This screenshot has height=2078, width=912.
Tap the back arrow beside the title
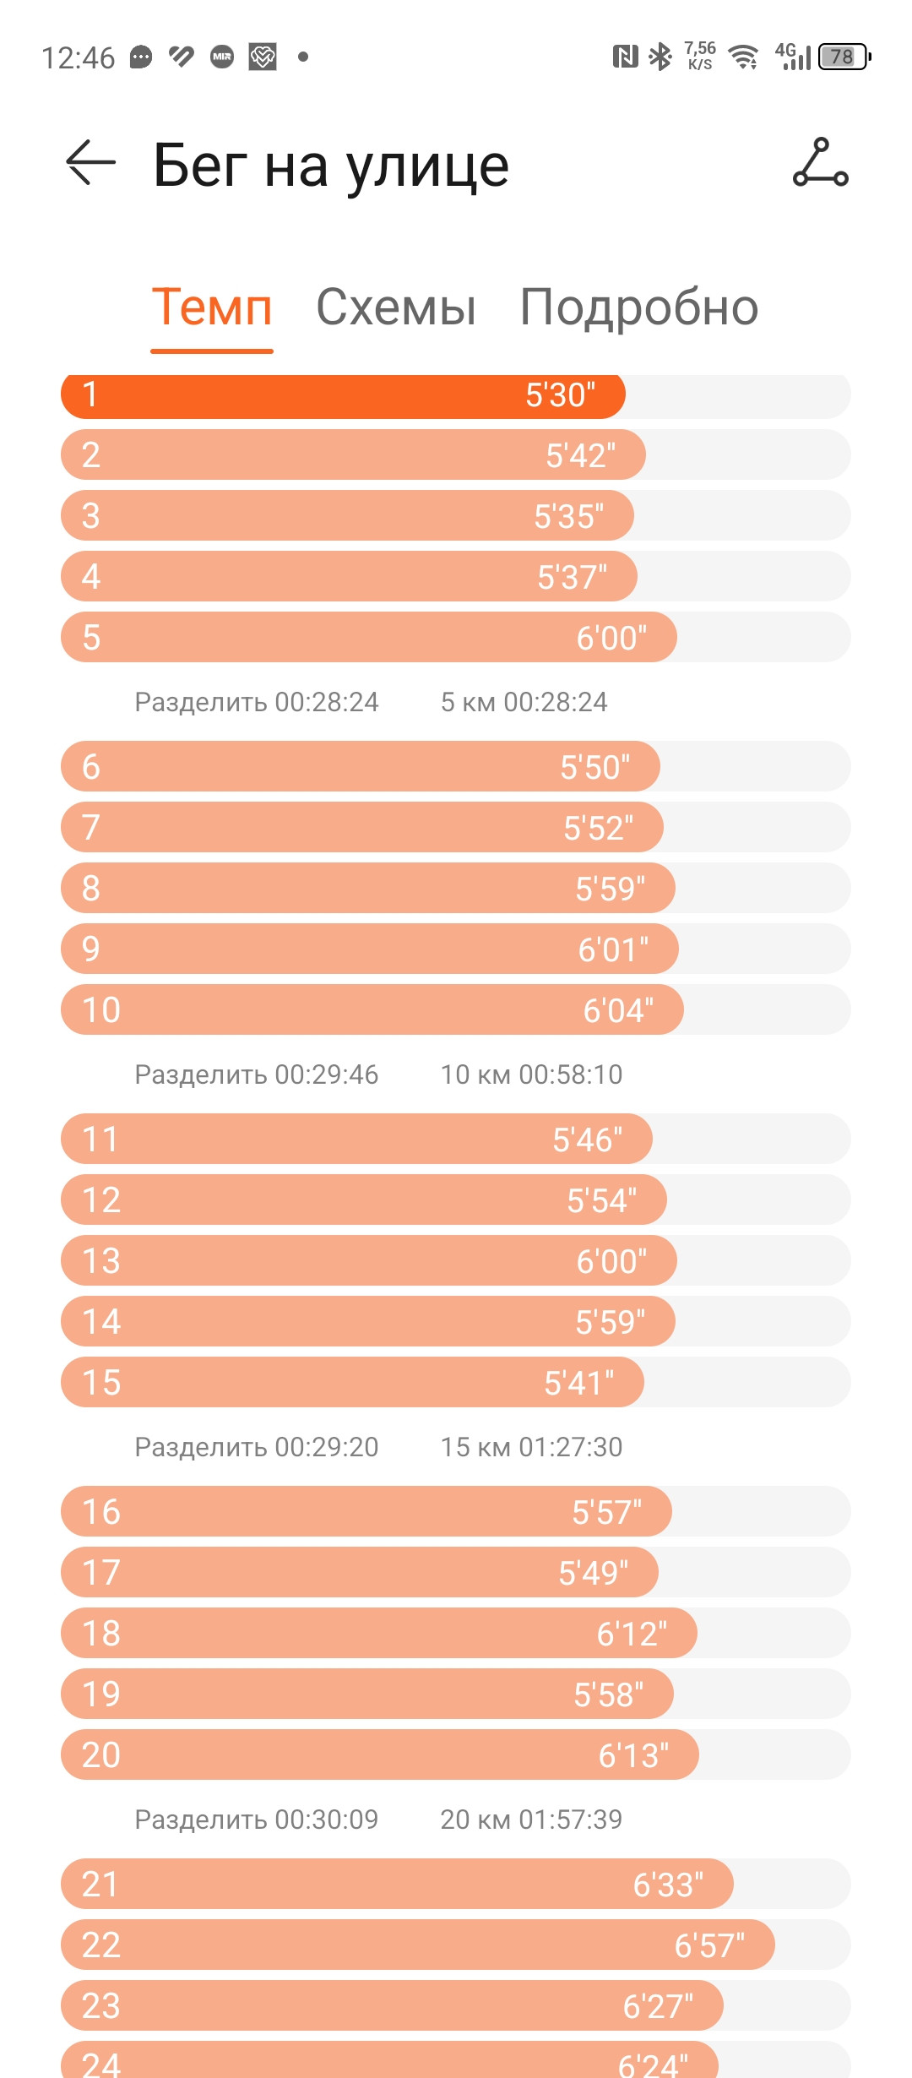(x=90, y=162)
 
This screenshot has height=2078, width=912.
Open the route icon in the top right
(x=820, y=161)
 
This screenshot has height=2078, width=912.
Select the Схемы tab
(x=396, y=307)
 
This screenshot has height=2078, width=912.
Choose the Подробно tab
(x=639, y=307)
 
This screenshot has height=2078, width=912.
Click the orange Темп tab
(x=212, y=307)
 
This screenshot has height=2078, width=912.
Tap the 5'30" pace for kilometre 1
(x=561, y=395)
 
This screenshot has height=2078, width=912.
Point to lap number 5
(x=91, y=638)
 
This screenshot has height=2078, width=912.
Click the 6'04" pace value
(x=618, y=1010)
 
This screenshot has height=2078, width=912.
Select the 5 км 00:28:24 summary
(x=524, y=702)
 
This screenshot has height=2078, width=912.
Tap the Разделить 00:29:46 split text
(x=257, y=1074)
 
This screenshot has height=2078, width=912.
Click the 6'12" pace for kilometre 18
(x=632, y=1634)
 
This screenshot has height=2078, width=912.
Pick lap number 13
(x=101, y=1261)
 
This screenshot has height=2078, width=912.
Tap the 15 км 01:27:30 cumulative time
(x=531, y=1447)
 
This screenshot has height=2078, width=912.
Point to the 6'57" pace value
(x=709, y=1945)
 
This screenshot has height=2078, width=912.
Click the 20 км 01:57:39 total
(x=531, y=1820)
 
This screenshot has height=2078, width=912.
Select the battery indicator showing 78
(x=844, y=57)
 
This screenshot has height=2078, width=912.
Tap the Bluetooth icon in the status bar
(x=660, y=57)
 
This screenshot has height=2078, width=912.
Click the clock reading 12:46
(x=78, y=57)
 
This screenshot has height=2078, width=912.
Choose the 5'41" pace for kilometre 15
(x=579, y=1383)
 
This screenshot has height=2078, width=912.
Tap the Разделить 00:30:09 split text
(x=257, y=1820)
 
